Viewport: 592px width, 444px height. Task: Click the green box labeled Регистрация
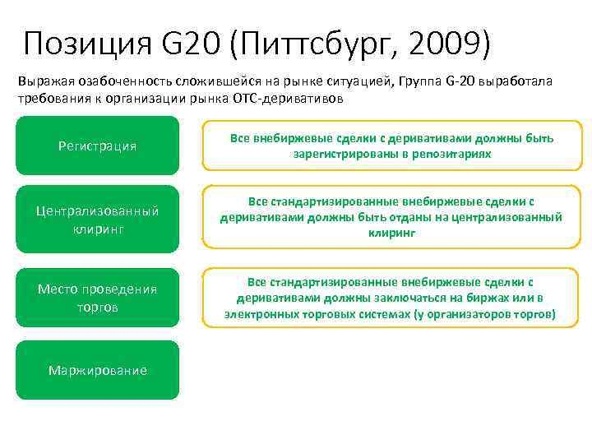point(97,146)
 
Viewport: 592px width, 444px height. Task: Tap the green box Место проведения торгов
point(97,298)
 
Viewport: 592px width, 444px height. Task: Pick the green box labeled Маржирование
point(97,370)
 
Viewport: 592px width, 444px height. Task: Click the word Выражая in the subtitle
point(41,82)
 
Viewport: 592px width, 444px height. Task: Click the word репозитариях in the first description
point(454,154)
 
